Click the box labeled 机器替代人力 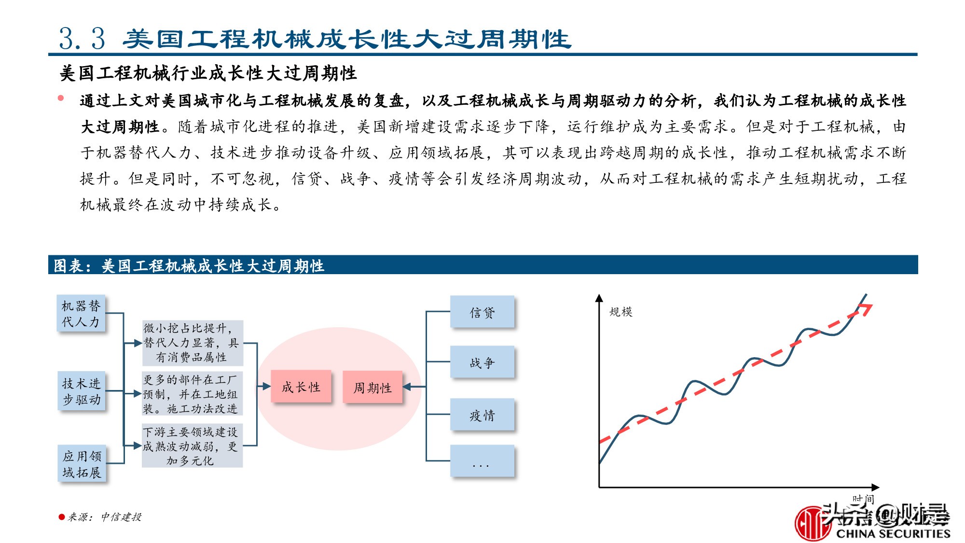[81, 314]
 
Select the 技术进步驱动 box [81, 391]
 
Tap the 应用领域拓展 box [82, 464]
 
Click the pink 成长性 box [301, 387]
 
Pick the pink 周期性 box [372, 387]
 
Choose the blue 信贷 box [482, 312]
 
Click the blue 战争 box [482, 362]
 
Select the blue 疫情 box [482, 415]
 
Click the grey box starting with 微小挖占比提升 [193, 343]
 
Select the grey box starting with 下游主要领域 [192, 446]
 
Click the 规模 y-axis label [620, 312]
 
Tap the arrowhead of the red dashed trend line [867, 308]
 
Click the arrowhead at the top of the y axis [599, 298]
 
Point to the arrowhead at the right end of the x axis [875, 487]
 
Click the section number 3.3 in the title [82, 39]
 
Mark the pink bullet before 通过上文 [61, 98]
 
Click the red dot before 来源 [61, 517]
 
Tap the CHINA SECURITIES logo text [893, 533]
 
